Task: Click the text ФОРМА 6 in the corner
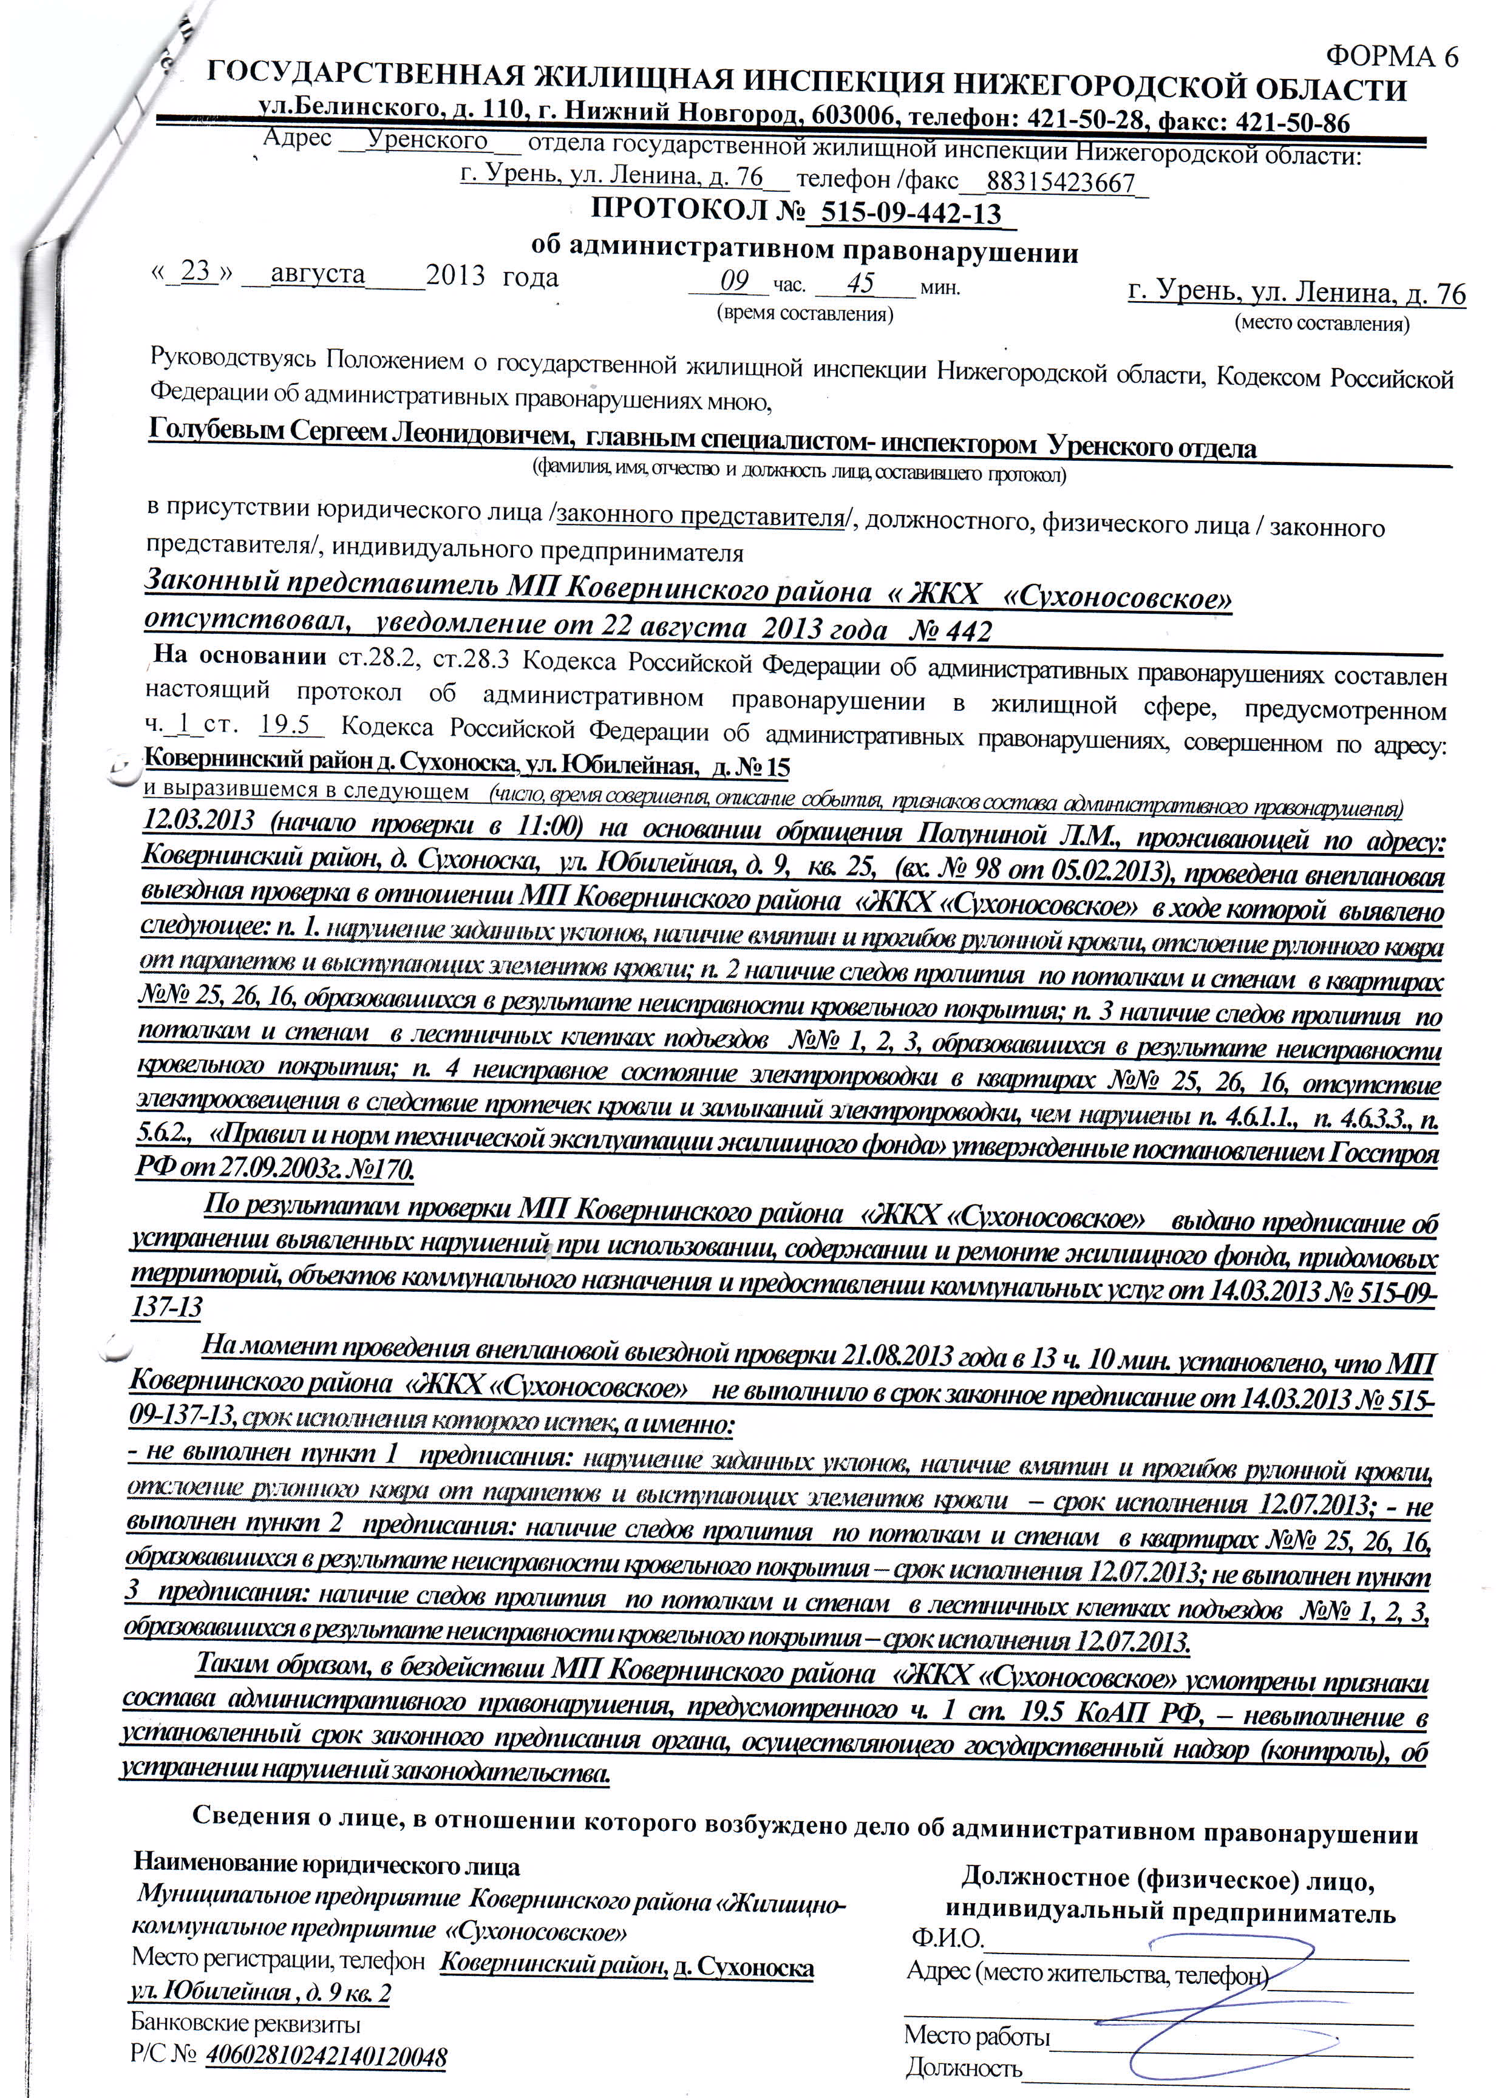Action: pos(1392,57)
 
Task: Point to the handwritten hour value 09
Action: pos(734,281)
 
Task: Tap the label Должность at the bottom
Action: pos(964,2061)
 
